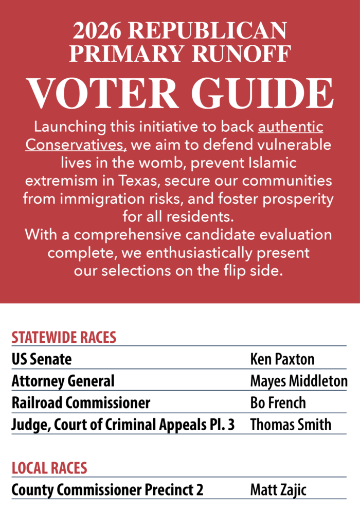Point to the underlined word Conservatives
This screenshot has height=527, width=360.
76,145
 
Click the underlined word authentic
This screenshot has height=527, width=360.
291,127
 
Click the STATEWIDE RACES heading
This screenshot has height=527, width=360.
64,338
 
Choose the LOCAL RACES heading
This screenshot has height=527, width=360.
49,468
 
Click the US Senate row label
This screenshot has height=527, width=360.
42,359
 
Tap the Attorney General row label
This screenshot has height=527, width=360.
63,381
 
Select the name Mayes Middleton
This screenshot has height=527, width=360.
298,381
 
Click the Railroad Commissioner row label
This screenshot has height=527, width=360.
81,402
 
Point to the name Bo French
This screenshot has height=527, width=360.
278,402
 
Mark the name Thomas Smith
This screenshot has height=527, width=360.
291,425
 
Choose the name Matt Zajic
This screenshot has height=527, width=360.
278,490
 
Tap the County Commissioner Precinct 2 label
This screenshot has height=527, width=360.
107,490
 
